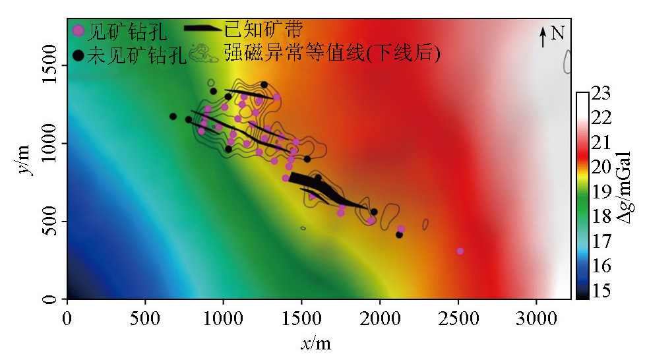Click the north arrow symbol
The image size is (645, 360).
click(543, 36)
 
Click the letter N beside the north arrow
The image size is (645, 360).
click(557, 32)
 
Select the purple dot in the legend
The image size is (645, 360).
click(78, 30)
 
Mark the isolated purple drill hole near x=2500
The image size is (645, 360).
click(460, 251)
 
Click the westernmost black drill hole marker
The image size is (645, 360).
click(173, 117)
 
